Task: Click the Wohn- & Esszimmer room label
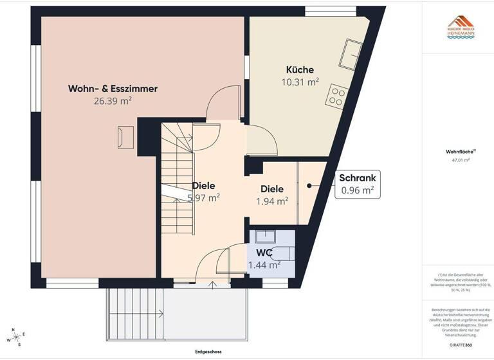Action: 113,89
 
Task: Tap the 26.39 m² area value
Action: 113,101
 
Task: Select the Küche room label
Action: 300,69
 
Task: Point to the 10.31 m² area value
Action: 300,82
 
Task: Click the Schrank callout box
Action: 357,184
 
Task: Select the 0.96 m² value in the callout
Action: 357,190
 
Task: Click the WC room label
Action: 264,252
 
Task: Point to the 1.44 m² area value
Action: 264,264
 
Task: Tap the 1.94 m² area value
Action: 272,201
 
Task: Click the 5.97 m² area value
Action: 204,197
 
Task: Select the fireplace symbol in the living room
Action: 125,137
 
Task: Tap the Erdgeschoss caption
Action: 209,352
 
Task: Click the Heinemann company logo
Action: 461,28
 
